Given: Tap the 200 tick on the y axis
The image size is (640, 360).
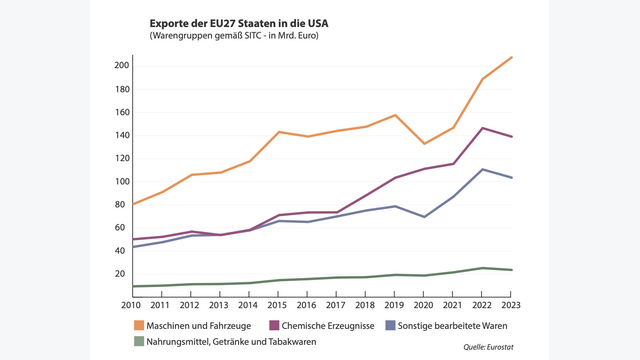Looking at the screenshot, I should [121, 66].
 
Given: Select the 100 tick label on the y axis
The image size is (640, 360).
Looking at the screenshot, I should [121, 181].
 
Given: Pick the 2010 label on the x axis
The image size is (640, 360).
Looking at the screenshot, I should [131, 303].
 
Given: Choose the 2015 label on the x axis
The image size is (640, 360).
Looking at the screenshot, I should [277, 303].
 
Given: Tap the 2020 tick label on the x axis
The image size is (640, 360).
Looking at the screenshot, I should [424, 303].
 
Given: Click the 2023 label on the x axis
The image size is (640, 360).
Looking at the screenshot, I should [512, 303].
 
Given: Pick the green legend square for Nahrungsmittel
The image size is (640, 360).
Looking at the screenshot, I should [139, 342].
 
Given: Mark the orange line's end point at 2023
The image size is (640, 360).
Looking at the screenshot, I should [512, 57].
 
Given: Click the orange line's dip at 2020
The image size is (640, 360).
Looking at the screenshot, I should [424, 144].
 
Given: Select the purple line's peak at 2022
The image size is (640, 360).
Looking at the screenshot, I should [483, 128].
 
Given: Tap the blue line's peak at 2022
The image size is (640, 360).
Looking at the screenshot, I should [483, 169].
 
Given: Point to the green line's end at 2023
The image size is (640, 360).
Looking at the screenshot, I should [512, 270].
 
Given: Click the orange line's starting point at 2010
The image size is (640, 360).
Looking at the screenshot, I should [132, 204].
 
